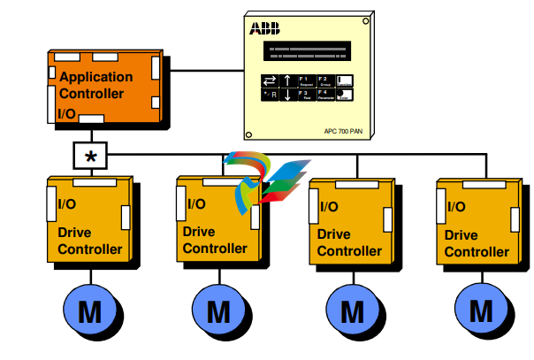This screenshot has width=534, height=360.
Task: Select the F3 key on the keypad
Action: (x=305, y=93)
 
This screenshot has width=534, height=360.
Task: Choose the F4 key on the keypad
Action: (x=324, y=93)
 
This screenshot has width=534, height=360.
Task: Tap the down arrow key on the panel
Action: (x=287, y=94)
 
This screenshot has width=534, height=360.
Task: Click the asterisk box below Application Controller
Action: (x=90, y=156)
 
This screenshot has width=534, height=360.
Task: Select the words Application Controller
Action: (x=95, y=85)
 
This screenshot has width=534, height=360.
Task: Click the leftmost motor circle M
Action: (x=90, y=310)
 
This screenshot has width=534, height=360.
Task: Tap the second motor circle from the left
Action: (x=218, y=310)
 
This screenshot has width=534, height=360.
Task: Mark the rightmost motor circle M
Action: (x=482, y=310)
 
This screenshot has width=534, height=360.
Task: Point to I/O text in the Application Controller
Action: (x=67, y=113)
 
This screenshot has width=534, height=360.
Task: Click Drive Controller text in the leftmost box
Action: (x=90, y=241)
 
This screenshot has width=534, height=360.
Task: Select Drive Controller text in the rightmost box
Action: (x=476, y=243)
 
